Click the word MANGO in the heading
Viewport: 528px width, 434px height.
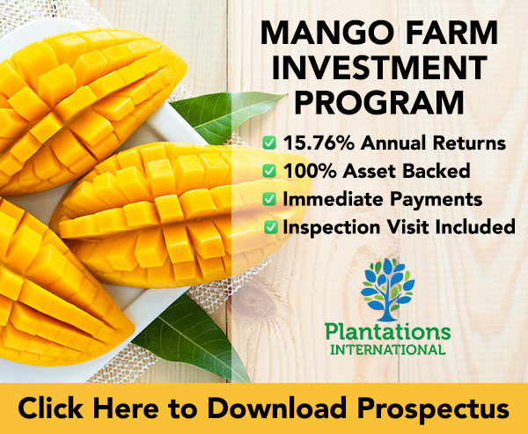coord(326,33)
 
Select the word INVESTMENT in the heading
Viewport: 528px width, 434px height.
coord(379,68)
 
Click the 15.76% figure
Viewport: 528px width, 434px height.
coord(319,143)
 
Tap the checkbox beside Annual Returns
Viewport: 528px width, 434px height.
coord(269,143)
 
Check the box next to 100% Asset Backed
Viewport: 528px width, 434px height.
coord(269,171)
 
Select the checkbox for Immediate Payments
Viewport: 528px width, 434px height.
coord(269,199)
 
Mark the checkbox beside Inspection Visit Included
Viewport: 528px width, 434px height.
coord(271,227)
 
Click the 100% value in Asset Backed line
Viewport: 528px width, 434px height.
coord(310,171)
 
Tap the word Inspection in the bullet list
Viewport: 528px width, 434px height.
coord(332,227)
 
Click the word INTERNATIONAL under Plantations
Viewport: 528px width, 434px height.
coord(387,349)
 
